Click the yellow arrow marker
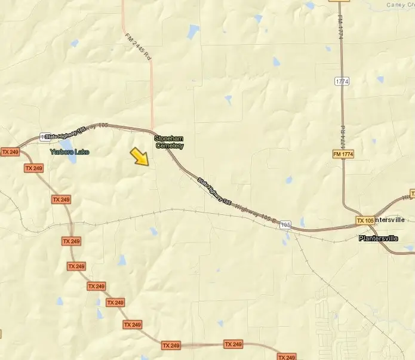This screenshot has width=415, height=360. click(x=140, y=156)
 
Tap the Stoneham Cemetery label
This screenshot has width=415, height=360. click(x=169, y=141)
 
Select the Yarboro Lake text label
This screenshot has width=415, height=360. click(x=69, y=152)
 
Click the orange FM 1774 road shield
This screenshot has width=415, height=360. click(x=343, y=155)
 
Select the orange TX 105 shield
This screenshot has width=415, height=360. click(x=365, y=220)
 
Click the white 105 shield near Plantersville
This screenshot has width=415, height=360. click(x=285, y=224)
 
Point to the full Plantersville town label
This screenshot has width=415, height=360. click(x=386, y=238)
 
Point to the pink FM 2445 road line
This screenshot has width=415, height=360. click(x=152, y=96)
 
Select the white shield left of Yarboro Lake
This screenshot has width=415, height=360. click(x=45, y=137)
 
